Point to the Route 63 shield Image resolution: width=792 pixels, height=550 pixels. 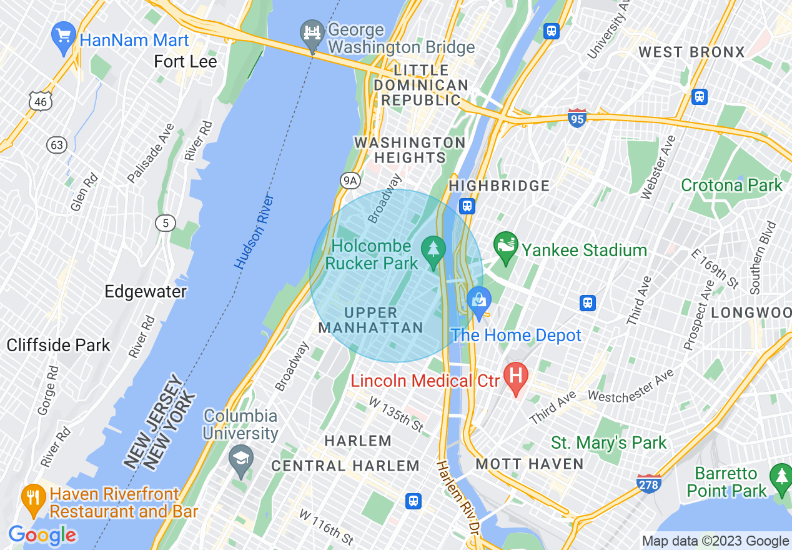pos(56,145)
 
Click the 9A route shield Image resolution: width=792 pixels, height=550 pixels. pos(351,181)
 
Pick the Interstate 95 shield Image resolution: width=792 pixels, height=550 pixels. pos(578,118)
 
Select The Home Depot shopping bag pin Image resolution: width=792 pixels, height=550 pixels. pos(479,302)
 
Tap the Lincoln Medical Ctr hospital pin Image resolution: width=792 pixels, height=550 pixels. pos(516,377)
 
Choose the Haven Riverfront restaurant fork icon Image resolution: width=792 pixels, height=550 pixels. pos(32,497)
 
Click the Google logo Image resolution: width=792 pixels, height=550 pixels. pos(42,535)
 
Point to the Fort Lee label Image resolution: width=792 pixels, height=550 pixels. pos(186,62)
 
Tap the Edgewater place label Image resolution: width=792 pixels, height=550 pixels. pos(146,292)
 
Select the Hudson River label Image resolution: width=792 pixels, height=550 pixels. pos(255,232)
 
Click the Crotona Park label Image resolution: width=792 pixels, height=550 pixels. pos(731,186)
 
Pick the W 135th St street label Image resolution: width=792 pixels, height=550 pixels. pos(396,414)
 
